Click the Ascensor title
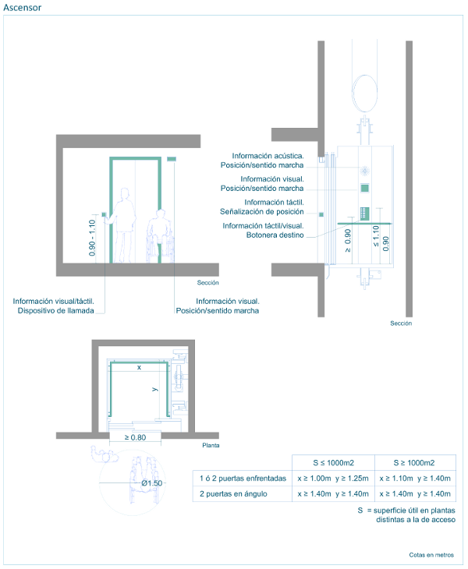point(22,8)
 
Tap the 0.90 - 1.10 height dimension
point(92,238)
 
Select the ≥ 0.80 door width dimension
point(135,437)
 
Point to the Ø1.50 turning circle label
point(152,483)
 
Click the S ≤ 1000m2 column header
point(333,463)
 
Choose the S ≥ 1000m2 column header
point(414,463)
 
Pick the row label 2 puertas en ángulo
point(233,494)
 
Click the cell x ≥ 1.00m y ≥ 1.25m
point(333,479)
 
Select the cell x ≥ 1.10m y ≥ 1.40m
point(415,479)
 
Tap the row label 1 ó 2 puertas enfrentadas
point(243,479)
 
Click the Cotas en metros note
point(431,555)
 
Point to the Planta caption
point(211,445)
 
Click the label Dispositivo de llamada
point(56,311)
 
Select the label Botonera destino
point(275,235)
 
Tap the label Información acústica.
point(268,156)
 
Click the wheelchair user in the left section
point(160,236)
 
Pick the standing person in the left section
point(123,225)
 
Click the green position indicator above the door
point(172,159)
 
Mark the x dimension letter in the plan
point(139,368)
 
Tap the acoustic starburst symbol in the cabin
point(364,170)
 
